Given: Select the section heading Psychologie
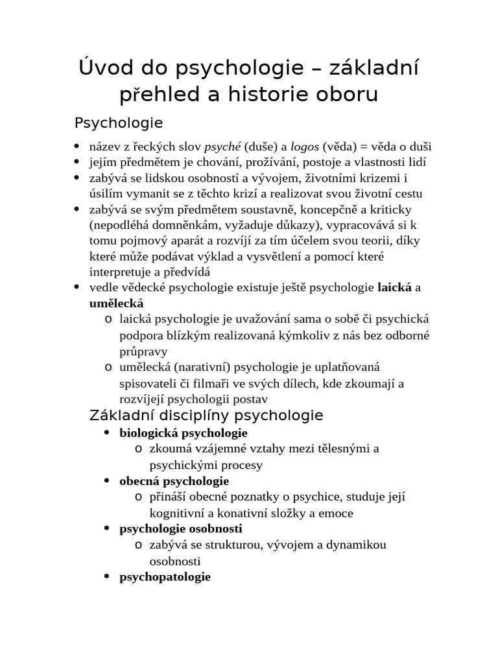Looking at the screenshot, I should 119,123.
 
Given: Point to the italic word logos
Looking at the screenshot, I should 304,147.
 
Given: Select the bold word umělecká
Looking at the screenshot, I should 116,303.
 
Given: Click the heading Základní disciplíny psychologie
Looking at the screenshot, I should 206,415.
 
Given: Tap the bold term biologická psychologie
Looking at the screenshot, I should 184,433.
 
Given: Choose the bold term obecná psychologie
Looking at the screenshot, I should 174,480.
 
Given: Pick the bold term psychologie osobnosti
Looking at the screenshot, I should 180,528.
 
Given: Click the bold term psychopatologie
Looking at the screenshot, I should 165,576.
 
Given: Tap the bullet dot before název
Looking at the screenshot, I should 77,147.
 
